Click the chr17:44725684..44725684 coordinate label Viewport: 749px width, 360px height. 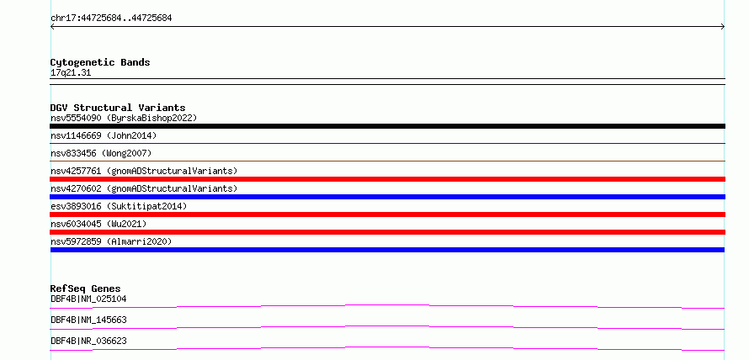tap(111, 19)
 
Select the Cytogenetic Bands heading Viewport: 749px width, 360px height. tap(100, 62)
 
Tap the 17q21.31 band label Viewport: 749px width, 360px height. tap(71, 73)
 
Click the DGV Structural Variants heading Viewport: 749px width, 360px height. tap(118, 108)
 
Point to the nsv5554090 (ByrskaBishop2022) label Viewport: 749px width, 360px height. tap(124, 118)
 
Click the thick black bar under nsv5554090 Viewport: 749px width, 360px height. tap(387, 126)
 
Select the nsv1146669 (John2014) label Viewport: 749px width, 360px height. tap(104, 135)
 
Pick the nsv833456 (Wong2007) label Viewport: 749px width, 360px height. tap(101, 153)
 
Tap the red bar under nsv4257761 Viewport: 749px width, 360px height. tap(387, 179)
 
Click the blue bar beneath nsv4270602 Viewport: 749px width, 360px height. tap(387, 197)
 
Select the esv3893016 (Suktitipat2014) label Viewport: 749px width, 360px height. tap(119, 206)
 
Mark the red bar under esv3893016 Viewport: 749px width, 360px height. tap(387, 214)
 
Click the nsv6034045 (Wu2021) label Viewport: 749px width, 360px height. tap(98, 224)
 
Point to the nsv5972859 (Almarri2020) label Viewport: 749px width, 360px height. tap(111, 241)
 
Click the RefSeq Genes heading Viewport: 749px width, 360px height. tap(86, 289)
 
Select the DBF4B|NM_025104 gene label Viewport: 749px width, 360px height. tap(88, 299)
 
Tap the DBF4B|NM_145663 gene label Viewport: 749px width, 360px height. tap(88, 320)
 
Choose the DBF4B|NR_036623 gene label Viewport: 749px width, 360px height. tap(88, 341)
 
